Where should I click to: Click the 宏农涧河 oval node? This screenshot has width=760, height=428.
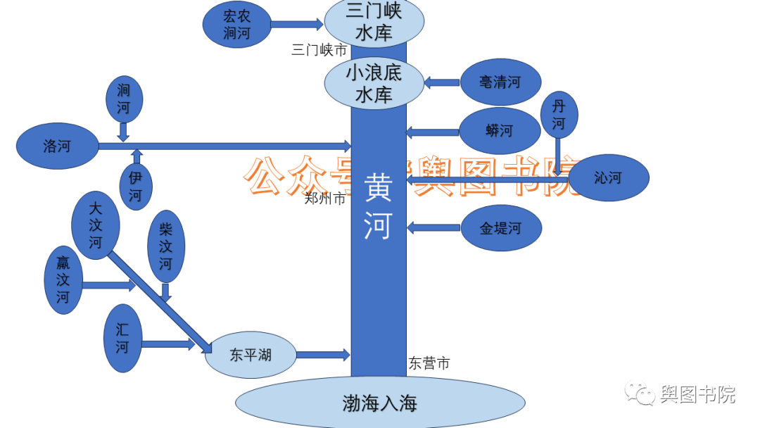click(x=236, y=25)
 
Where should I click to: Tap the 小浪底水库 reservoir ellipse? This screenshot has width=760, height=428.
click(x=374, y=83)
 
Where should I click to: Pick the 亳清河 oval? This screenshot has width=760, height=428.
click(x=500, y=82)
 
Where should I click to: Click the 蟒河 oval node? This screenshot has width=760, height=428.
click(x=500, y=131)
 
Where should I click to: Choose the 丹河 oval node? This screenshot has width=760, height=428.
click(x=559, y=115)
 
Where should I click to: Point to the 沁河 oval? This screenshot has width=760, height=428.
click(x=608, y=178)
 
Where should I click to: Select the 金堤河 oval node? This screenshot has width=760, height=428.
click(x=501, y=228)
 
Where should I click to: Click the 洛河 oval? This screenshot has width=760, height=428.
click(x=57, y=146)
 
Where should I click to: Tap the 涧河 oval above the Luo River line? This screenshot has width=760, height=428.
click(x=124, y=99)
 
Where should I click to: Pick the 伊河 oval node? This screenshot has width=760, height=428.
click(x=135, y=187)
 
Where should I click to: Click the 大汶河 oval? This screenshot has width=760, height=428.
click(x=96, y=225)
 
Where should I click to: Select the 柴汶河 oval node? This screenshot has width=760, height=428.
click(x=165, y=246)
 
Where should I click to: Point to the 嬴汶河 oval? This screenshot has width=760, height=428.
click(x=63, y=279)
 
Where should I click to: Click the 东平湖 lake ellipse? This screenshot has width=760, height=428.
click(x=250, y=355)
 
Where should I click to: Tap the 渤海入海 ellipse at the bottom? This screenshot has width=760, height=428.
click(x=380, y=403)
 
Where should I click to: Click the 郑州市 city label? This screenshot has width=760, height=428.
click(x=325, y=199)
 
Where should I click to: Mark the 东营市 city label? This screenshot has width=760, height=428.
click(x=429, y=363)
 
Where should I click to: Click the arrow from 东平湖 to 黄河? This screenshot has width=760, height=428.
click(x=322, y=354)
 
